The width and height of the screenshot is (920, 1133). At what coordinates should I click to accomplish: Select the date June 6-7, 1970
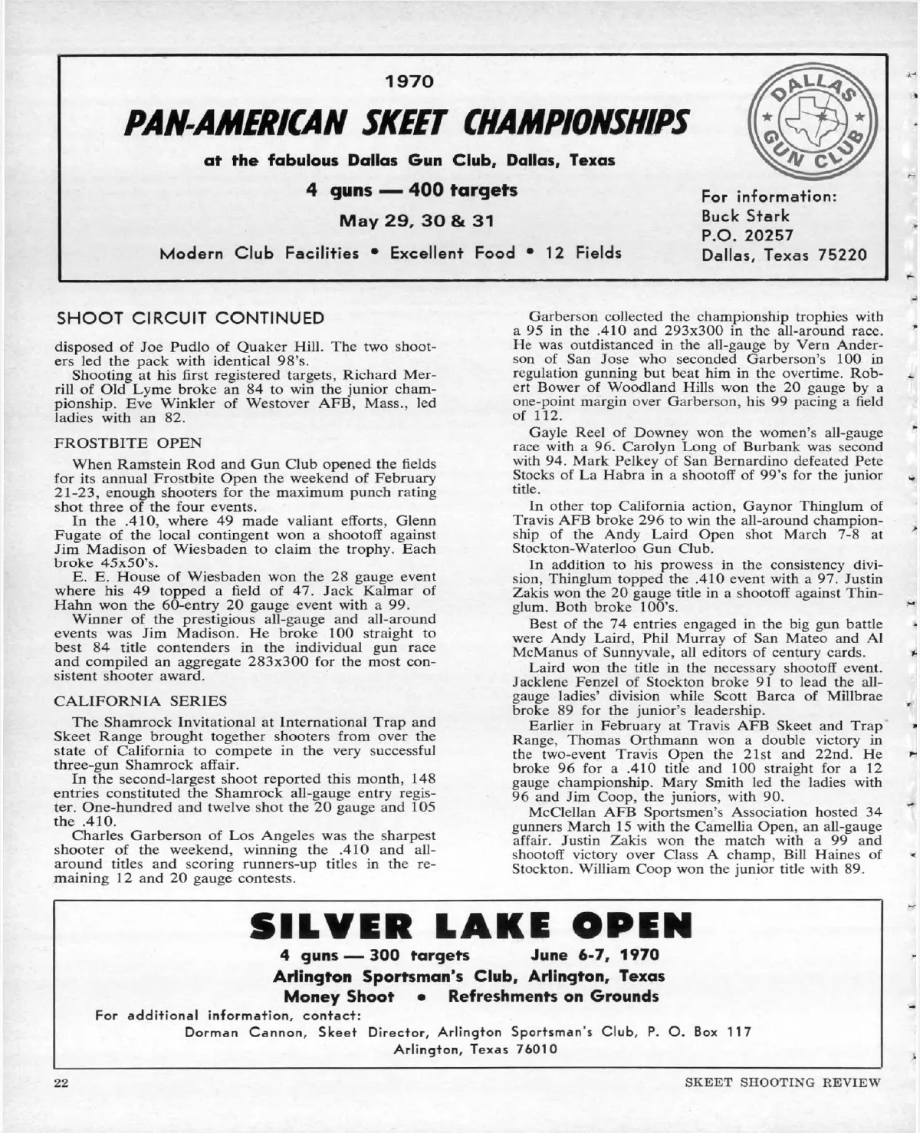click(595, 956)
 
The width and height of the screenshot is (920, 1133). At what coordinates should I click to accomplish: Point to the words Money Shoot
click(340, 996)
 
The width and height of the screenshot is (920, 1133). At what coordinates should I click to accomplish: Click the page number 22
click(61, 1083)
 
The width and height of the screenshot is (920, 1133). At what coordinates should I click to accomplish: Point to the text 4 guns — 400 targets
click(412, 189)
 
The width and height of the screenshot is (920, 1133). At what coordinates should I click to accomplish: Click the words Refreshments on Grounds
click(553, 996)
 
